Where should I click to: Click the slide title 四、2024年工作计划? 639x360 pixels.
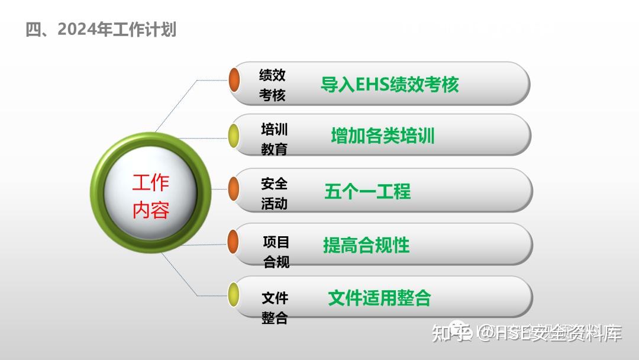point(101,29)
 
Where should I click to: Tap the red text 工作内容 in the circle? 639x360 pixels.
point(150,196)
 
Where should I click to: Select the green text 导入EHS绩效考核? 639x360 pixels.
point(389,85)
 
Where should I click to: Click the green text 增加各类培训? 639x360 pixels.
point(382,136)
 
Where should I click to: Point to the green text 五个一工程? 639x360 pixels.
point(367,191)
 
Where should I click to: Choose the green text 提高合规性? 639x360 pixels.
point(366,245)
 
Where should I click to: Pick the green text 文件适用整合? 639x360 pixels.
point(379,297)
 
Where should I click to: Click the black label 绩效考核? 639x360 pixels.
point(272,85)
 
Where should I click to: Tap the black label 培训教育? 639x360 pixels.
point(274,139)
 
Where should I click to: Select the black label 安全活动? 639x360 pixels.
point(274,194)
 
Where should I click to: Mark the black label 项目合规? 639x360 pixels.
point(276,251)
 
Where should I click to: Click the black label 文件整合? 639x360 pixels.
point(275,307)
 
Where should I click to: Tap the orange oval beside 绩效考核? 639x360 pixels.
point(234,80)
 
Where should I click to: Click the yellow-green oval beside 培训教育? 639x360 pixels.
point(234,136)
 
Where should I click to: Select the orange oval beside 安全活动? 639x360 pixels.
point(234,188)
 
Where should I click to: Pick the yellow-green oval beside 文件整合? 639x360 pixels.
point(234,294)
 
